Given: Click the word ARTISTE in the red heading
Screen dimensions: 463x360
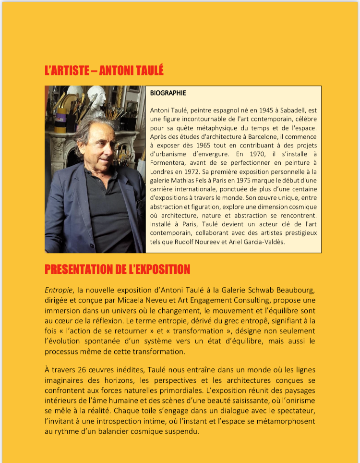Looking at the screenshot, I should [67, 71].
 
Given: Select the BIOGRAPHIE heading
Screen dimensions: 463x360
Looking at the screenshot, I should [168, 93].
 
